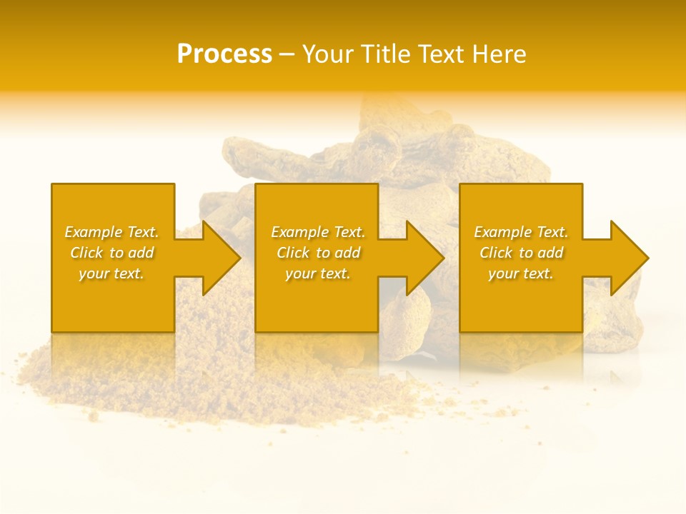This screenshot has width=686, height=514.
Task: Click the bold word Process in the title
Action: (224, 54)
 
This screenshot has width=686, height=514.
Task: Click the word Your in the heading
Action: (329, 54)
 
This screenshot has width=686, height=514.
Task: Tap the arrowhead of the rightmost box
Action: (628, 258)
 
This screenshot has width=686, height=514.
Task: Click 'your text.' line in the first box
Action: (111, 273)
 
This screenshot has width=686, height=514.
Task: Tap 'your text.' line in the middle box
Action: (317, 273)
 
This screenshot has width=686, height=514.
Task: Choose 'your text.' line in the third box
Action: (520, 273)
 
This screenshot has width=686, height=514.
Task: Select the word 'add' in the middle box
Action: (347, 253)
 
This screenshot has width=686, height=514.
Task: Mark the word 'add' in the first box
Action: (141, 253)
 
